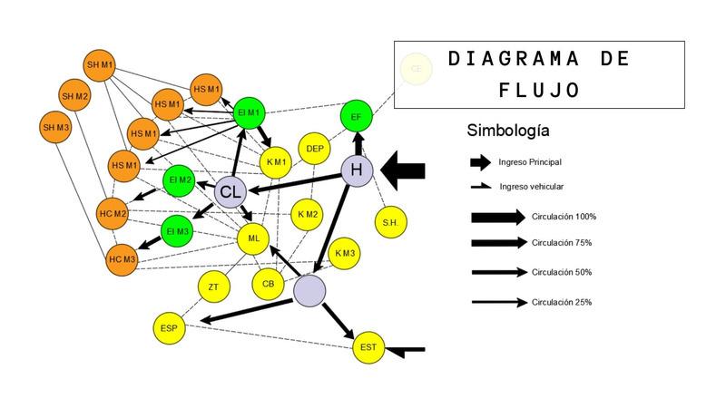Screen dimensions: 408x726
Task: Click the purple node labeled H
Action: point(357,170)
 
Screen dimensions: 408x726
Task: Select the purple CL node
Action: point(231,191)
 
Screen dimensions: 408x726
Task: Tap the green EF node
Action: point(356,116)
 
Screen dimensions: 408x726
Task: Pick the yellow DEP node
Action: point(315,149)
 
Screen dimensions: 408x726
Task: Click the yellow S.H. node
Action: point(390,222)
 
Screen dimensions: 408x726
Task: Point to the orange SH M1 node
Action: point(100,65)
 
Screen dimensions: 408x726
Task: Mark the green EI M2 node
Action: point(179,180)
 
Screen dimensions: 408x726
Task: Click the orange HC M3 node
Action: point(122,259)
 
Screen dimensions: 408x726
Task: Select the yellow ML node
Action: point(253,238)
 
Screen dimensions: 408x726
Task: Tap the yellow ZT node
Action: point(213,287)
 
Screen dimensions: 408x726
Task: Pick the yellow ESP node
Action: point(168,327)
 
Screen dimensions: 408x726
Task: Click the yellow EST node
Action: point(368,347)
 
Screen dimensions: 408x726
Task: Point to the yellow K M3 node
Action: point(345,253)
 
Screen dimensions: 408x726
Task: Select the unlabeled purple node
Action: point(310,290)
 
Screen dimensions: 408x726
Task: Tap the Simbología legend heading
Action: point(507,131)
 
